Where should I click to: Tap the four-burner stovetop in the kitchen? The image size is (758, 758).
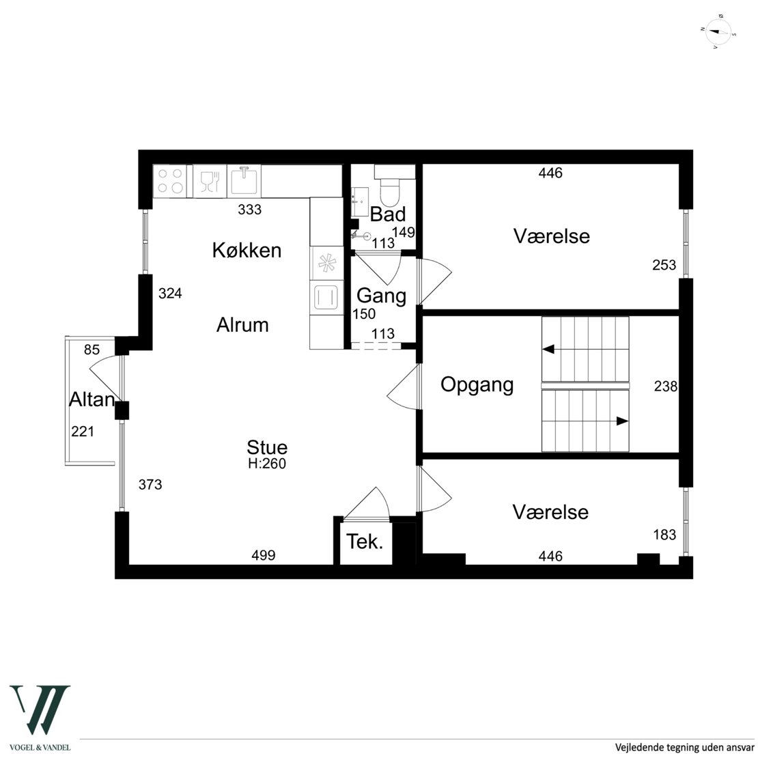click(170, 181)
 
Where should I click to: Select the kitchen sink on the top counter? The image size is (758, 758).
click(244, 181)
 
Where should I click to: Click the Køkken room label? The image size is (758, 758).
click(247, 251)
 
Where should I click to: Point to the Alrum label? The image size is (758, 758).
click(242, 325)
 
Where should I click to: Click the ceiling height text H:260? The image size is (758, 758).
click(267, 464)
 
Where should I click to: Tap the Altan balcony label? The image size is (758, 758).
click(92, 399)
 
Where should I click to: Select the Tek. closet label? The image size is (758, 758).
click(365, 542)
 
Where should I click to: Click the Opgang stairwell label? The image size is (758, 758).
click(477, 385)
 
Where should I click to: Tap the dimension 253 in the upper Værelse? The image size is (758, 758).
click(664, 265)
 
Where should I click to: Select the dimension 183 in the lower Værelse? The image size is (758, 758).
click(664, 535)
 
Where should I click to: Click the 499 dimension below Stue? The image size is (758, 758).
click(264, 555)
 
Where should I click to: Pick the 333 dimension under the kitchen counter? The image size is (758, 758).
click(249, 210)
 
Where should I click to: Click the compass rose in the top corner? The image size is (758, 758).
click(718, 33)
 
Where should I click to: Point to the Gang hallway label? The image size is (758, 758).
click(382, 296)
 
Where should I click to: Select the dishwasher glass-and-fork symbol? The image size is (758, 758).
click(210, 181)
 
